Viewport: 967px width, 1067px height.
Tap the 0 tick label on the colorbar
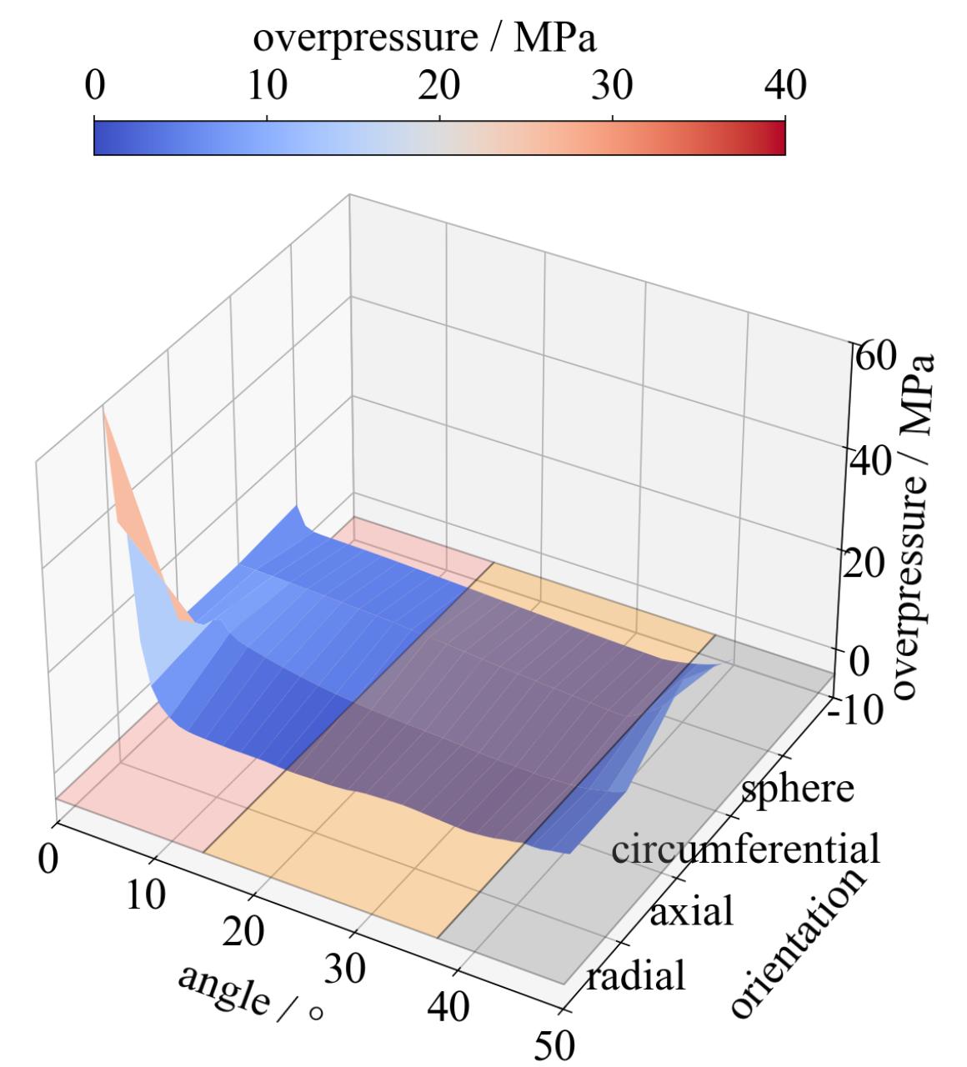coord(94,86)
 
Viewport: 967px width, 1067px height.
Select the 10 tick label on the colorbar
coord(266,86)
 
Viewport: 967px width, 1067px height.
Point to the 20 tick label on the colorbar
coord(439,86)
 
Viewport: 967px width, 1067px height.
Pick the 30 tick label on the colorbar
coord(613,86)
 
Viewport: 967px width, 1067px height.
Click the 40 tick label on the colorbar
coord(784,86)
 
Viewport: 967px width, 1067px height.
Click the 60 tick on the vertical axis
coord(874,357)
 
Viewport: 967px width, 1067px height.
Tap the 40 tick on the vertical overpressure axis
coord(870,461)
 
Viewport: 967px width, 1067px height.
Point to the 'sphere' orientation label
coord(798,787)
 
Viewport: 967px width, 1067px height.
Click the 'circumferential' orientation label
coord(745,849)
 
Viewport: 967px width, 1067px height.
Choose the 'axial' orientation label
coord(691,911)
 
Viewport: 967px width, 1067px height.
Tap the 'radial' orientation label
coord(635,974)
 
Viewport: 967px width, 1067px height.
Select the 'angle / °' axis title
coord(249,991)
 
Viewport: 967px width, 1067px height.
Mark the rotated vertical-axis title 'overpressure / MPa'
coord(917,526)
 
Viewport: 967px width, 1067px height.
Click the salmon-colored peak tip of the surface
coord(105,414)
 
